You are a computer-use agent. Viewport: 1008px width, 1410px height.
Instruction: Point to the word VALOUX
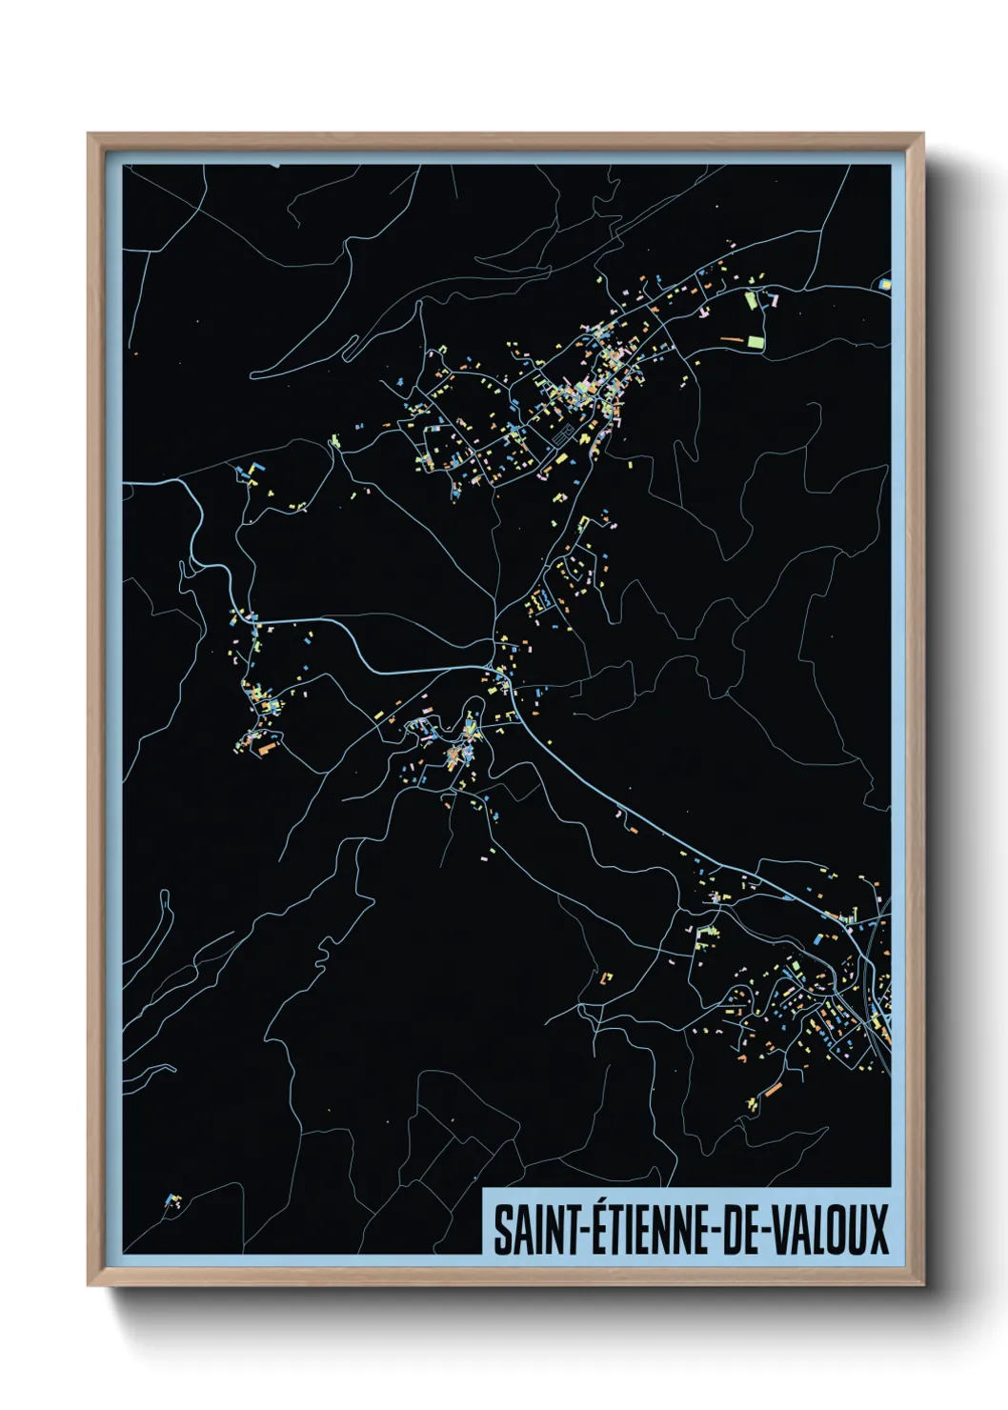(828, 1230)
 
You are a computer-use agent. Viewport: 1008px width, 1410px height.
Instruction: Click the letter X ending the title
(877, 1230)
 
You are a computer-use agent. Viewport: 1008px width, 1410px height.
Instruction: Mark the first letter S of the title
(500, 1230)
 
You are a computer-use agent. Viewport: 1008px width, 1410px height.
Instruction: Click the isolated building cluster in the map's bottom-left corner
(172, 1200)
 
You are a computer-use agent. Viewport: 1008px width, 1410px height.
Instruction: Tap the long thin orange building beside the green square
(731, 338)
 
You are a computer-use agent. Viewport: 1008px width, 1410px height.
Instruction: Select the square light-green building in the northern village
(756, 340)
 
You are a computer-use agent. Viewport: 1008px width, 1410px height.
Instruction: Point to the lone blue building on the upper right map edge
(884, 283)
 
